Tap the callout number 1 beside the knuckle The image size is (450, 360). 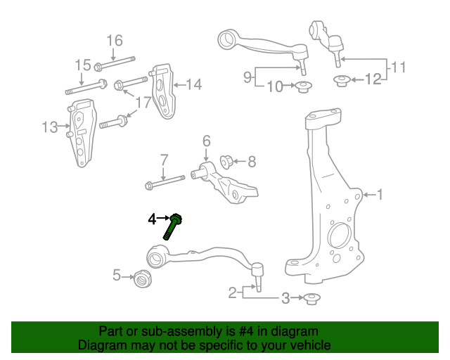[x=380, y=195]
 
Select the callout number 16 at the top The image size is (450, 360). [x=115, y=40]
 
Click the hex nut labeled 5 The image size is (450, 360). [x=143, y=279]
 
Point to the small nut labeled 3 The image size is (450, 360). [x=311, y=299]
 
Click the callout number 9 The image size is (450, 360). [x=247, y=79]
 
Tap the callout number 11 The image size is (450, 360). [x=399, y=68]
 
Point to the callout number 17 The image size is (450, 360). [x=143, y=103]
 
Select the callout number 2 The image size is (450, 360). [x=233, y=292]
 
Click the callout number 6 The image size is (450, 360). [x=207, y=141]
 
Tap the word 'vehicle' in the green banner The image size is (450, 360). [x=307, y=346]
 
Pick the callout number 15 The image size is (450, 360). [x=83, y=65]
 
